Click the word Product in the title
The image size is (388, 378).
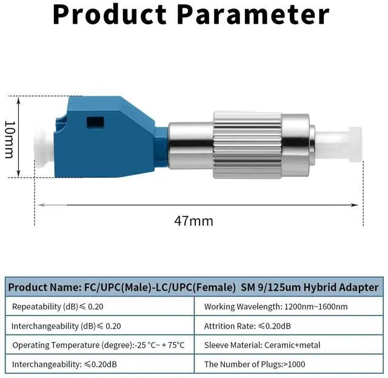pyautogui.click(x=110, y=15)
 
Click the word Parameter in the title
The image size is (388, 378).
pyautogui.click(x=253, y=15)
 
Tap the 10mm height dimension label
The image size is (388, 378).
pyautogui.click(x=10, y=140)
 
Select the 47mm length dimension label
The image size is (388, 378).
pyautogui.click(x=193, y=221)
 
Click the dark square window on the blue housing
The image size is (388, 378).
pyautogui.click(x=95, y=123)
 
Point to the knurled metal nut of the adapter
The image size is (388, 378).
pyautogui.click(x=247, y=145)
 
